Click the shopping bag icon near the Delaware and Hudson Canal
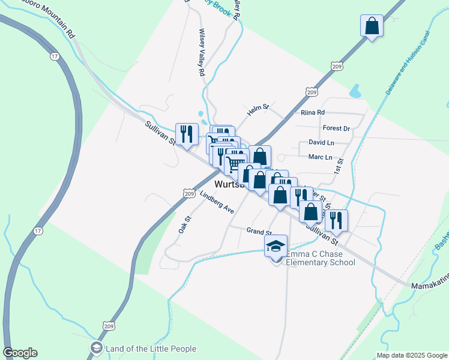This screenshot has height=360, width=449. (372, 26)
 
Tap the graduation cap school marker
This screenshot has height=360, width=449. (276, 247)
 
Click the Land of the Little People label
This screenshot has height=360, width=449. (151, 349)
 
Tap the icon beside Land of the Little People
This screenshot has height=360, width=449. (97, 348)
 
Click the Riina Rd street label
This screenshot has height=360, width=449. (312, 112)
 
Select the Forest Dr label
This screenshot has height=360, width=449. (336, 128)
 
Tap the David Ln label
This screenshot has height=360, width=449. (321, 143)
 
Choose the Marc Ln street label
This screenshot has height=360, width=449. (319, 157)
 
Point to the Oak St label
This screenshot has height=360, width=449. (184, 224)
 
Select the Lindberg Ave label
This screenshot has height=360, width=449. (217, 203)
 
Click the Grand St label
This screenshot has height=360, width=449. (259, 231)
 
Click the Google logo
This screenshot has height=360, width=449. (20, 353)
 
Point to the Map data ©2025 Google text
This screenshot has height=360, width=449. (411, 355)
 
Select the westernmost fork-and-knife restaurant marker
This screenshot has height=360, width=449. (186, 133)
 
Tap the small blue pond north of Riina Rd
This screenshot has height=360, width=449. (355, 91)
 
